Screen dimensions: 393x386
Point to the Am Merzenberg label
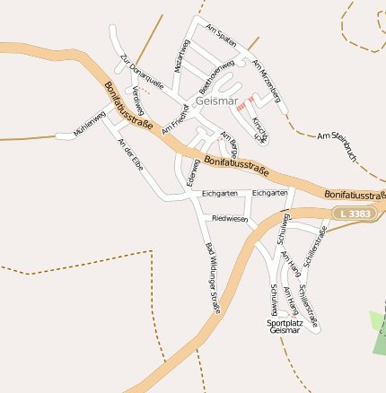267,80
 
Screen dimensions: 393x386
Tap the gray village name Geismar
215,100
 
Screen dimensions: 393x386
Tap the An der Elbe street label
130,159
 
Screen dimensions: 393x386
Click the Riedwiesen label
230,218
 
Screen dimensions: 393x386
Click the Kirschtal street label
260,131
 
